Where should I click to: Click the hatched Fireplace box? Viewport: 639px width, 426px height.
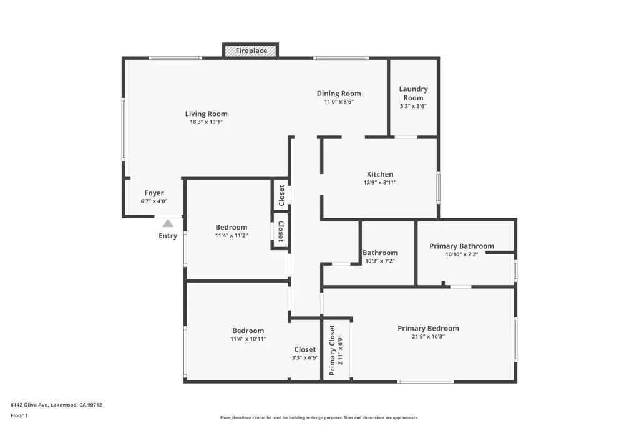pyautogui.click(x=250, y=51)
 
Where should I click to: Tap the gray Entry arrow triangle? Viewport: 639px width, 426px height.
pyautogui.click(x=168, y=223)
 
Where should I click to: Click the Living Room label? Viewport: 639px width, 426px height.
pyautogui.click(x=206, y=114)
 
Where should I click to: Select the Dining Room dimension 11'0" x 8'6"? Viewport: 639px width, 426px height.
pyautogui.click(x=339, y=102)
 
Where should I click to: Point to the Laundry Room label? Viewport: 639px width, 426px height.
pyautogui.click(x=413, y=93)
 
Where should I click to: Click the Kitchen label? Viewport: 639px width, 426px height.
pyautogui.click(x=379, y=174)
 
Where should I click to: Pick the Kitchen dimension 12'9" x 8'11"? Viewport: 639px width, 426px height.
pyautogui.click(x=379, y=183)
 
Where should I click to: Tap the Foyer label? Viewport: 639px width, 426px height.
pyautogui.click(x=154, y=193)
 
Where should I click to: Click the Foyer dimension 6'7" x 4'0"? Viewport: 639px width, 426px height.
pyautogui.click(x=154, y=201)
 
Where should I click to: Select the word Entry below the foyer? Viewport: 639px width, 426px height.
pyautogui.click(x=168, y=236)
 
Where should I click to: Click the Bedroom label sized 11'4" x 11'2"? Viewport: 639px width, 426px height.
pyautogui.click(x=231, y=227)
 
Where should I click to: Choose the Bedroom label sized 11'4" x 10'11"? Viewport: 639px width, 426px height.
pyautogui.click(x=248, y=331)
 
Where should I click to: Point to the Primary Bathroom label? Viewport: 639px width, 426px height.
pyautogui.click(x=461, y=246)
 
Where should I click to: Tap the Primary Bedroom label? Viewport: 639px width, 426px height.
pyautogui.click(x=428, y=328)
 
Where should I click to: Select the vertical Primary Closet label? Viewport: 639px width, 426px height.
pyautogui.click(x=332, y=349)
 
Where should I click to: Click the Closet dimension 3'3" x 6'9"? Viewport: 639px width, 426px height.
pyautogui.click(x=305, y=358)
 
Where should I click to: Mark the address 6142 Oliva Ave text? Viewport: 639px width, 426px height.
pyautogui.click(x=56, y=404)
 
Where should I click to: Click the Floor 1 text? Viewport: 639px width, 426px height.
pyautogui.click(x=19, y=415)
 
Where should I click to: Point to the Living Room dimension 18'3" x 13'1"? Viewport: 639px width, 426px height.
pyautogui.click(x=206, y=122)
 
